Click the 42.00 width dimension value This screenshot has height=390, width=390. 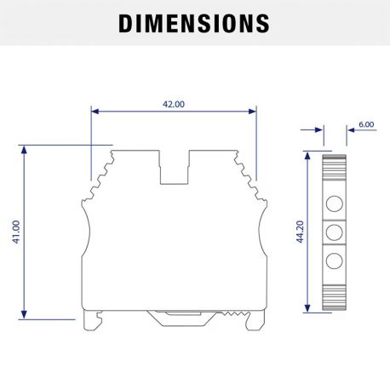click(173, 104)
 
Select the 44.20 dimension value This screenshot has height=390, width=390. click(300, 232)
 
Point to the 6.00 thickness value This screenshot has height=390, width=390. click(365, 124)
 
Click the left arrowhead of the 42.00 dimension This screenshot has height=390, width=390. click(95, 111)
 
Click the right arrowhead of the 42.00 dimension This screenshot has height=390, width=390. click(251, 111)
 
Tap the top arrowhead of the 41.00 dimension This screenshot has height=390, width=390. click(25, 150)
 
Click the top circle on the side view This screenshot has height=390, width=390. click(335, 203)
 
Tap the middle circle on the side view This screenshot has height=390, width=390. click(335, 232)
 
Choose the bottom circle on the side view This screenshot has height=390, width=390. click(335, 260)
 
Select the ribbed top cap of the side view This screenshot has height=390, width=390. click(335, 159)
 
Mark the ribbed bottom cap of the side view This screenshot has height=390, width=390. click(335, 305)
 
